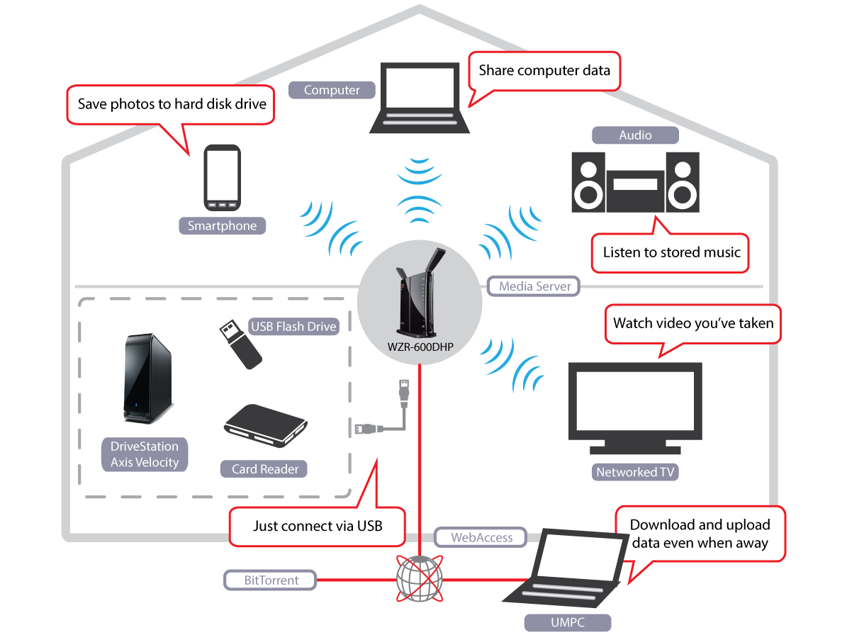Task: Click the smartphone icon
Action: (x=222, y=178)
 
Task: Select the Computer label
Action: (x=332, y=90)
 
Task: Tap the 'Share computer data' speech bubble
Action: (x=544, y=70)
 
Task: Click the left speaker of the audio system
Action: (x=588, y=182)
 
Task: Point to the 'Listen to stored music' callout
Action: (x=671, y=253)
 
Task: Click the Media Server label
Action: (x=534, y=286)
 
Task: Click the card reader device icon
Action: (x=267, y=428)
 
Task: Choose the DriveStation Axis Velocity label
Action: (x=145, y=454)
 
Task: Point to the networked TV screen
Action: (x=636, y=402)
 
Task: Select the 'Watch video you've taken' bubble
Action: (x=692, y=323)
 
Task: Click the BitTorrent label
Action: (x=271, y=580)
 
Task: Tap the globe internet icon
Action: (x=419, y=579)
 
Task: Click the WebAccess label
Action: (x=481, y=538)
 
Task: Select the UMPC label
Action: (x=567, y=622)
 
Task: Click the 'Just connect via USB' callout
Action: (x=317, y=526)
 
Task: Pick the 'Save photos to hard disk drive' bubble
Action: (x=172, y=104)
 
